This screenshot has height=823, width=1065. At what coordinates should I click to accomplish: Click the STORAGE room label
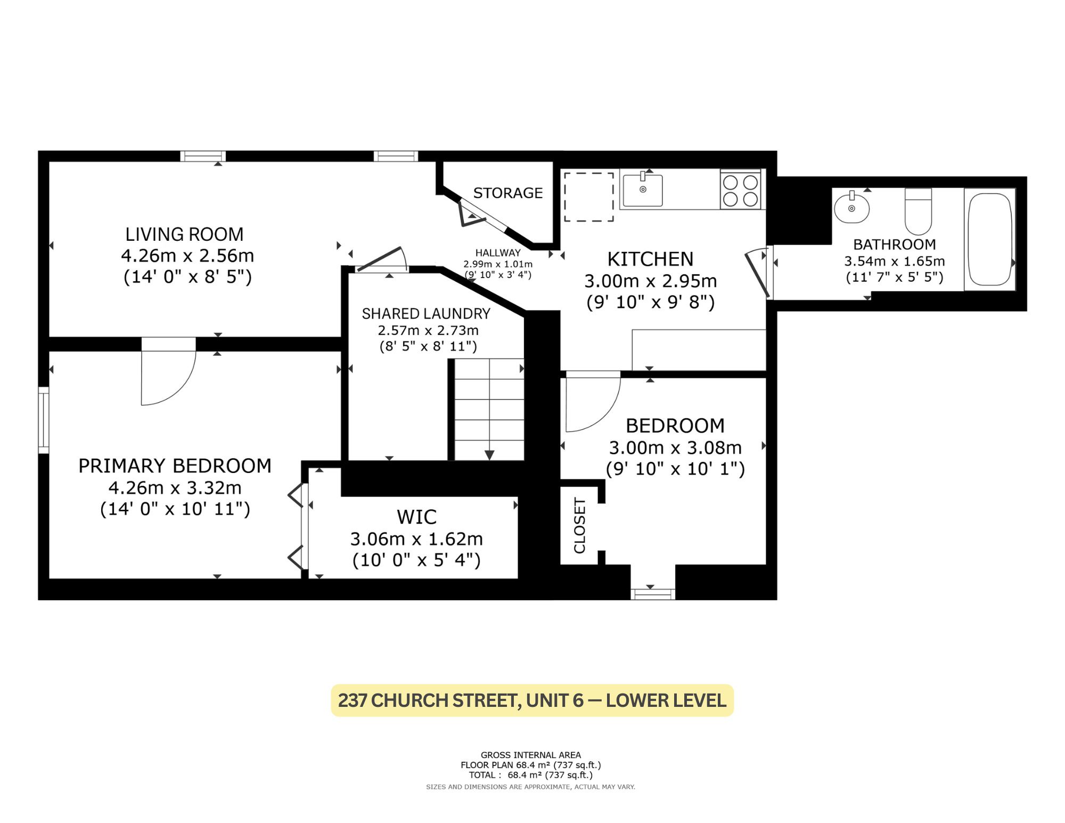pyautogui.click(x=508, y=193)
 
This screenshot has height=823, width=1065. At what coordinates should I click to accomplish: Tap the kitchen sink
pyautogui.click(x=643, y=189)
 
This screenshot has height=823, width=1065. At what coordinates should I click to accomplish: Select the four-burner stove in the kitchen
pyautogui.click(x=740, y=190)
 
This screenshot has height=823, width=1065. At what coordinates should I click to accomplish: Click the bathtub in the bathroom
pyautogui.click(x=989, y=240)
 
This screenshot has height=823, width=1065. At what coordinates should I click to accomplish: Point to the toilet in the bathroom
pyautogui.click(x=918, y=211)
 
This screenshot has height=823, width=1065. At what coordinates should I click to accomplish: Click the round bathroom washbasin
pyautogui.click(x=851, y=207)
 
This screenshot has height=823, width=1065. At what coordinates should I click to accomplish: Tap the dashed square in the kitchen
pyautogui.click(x=589, y=197)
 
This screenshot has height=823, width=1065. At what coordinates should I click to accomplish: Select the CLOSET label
pyautogui.click(x=579, y=526)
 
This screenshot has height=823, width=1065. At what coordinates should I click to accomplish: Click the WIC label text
pyautogui.click(x=416, y=517)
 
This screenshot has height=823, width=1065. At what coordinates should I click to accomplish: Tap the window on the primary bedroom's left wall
pyautogui.click(x=44, y=420)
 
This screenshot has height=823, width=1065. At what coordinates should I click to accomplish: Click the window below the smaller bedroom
pyautogui.click(x=653, y=594)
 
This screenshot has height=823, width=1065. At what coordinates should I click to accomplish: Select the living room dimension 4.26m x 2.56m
pyautogui.click(x=187, y=256)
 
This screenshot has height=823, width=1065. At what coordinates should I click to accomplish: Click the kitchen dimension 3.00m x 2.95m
pyautogui.click(x=651, y=281)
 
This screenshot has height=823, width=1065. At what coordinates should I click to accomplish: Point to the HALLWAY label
pyautogui.click(x=498, y=253)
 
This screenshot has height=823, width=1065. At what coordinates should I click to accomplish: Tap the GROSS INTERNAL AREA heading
pyautogui.click(x=531, y=755)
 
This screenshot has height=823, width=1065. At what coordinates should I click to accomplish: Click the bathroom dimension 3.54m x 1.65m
pyautogui.click(x=895, y=261)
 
